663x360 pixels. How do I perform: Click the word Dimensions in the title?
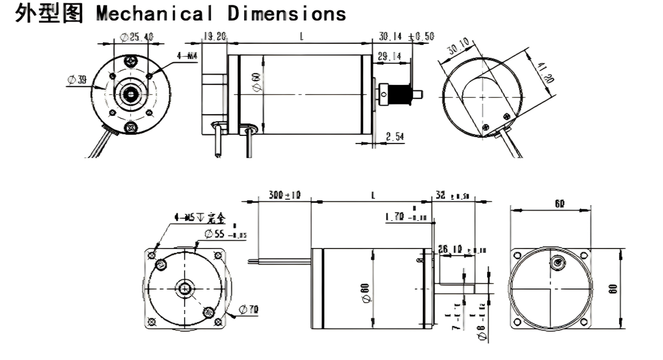[x=287, y=14]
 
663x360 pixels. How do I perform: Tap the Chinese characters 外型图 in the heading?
[x=49, y=14]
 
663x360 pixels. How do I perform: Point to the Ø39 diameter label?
[x=77, y=80]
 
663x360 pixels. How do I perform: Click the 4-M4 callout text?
[x=187, y=56]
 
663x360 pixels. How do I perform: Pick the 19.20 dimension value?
[x=214, y=37]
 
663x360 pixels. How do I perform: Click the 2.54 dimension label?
[x=395, y=136]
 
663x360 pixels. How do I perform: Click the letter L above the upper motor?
[x=300, y=36]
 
